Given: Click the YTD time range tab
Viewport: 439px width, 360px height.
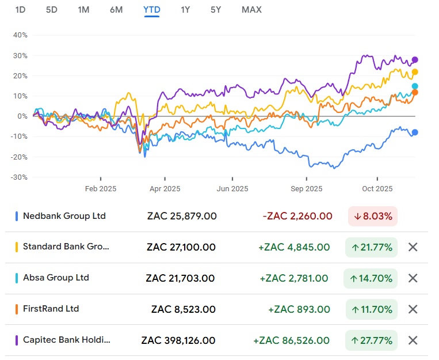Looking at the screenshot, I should click(152, 10).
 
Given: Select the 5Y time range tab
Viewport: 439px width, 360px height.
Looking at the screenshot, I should click(215, 10).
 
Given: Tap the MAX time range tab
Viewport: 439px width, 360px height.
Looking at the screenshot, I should click(251, 10).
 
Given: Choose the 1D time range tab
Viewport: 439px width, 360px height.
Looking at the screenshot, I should click(20, 10).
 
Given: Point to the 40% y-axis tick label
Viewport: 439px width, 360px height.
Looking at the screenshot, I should click(20, 35).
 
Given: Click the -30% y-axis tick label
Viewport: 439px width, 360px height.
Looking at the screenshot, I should click(19, 177).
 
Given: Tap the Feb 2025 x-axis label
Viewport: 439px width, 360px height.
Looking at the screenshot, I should click(101, 188).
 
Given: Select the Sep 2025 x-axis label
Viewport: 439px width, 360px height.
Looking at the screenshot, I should click(306, 188).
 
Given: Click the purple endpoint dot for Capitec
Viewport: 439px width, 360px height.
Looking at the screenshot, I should click(415, 60).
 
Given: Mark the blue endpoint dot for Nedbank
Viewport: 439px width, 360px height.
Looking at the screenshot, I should click(415, 132).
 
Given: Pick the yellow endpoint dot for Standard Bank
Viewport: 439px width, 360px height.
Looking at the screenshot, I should click(415, 72).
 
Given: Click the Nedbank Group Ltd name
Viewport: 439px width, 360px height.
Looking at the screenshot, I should click(64, 216).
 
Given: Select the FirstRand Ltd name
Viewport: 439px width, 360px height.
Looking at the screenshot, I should click(51, 309).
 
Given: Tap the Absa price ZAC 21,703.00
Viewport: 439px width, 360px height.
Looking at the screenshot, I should click(181, 278).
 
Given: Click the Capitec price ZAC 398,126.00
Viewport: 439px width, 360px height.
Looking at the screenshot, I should click(178, 340).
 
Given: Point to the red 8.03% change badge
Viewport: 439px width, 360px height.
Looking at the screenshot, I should click(373, 217).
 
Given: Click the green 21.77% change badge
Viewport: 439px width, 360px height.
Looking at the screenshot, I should click(371, 248).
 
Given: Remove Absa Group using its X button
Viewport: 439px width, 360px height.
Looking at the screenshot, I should click(413, 278).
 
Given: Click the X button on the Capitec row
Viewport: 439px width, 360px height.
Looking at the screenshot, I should click(413, 340).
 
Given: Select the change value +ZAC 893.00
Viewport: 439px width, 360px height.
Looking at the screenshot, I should click(299, 309).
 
